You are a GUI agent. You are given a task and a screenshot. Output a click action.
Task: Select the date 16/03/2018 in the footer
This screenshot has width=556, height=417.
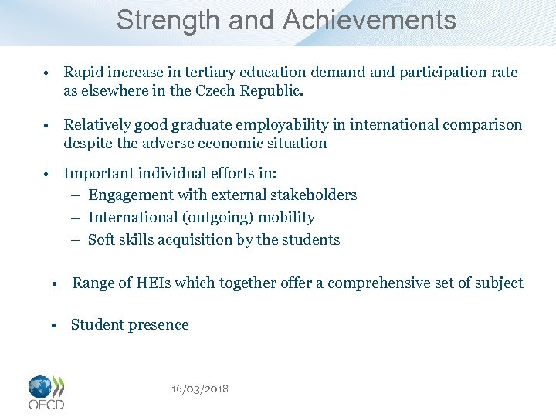[x=200, y=388]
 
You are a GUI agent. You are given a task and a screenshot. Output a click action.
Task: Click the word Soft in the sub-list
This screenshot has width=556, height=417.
[x=101, y=239]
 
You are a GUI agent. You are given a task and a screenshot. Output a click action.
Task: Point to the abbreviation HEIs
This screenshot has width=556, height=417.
[x=150, y=283]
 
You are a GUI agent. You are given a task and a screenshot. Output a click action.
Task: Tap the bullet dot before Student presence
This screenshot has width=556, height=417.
[x=56, y=325]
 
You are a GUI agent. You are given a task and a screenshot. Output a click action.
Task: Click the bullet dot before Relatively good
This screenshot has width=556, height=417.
[x=47, y=125]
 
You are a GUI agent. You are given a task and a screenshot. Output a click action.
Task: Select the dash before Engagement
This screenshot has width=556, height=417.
[x=77, y=195]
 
